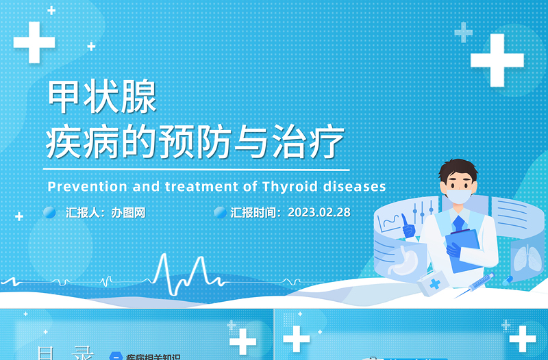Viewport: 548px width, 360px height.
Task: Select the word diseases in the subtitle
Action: (356, 186)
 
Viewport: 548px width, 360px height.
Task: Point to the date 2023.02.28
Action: (319, 212)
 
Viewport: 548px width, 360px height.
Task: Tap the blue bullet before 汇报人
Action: (49, 212)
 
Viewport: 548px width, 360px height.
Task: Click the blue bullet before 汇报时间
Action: (220, 212)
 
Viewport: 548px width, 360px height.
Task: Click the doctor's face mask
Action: (458, 197)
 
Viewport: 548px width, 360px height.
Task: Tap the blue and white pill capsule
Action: (508, 279)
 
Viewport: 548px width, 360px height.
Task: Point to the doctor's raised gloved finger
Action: (406, 220)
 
